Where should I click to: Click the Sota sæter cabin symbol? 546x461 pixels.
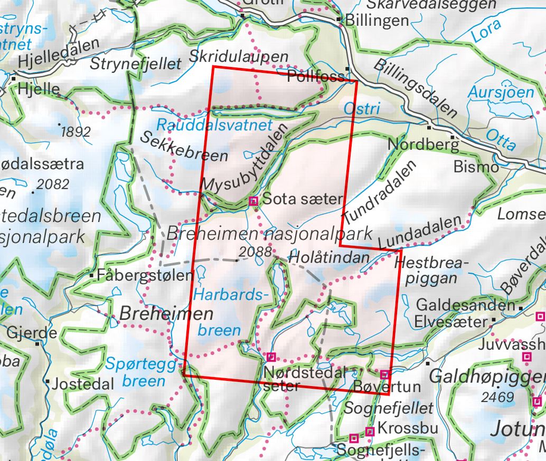point(253,200)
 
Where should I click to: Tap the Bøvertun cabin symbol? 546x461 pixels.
point(384,374)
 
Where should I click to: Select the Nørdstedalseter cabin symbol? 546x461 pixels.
point(271,357)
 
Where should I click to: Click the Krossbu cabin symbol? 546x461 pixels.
point(370,431)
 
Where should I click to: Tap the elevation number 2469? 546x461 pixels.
point(498,397)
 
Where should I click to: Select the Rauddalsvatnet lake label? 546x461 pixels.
point(214,125)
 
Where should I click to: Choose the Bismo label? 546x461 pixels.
point(476,167)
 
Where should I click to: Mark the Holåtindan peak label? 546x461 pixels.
point(328,258)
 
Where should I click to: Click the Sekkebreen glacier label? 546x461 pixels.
point(184,146)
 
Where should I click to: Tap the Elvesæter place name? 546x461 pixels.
point(450,322)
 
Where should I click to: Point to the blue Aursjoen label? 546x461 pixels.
point(501,92)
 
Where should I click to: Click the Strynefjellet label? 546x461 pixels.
point(135,64)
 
